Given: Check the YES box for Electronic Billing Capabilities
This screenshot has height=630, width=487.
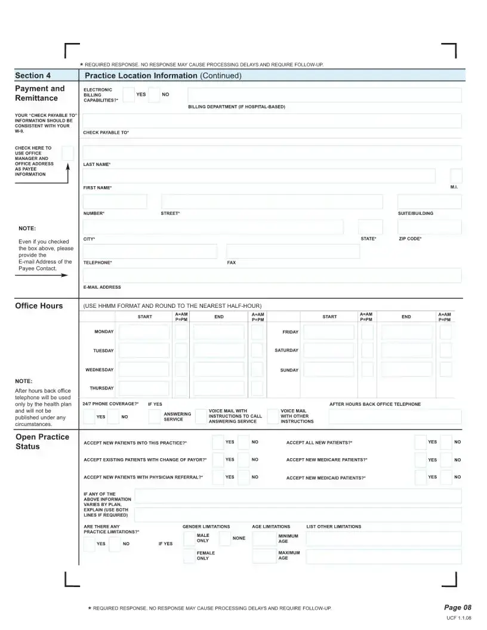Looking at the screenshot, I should [x=128, y=95].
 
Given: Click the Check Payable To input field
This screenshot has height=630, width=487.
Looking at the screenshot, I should [x=272, y=121].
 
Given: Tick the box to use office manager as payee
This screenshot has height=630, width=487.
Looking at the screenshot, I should [x=67, y=153].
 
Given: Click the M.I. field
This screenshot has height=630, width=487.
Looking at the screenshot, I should [x=456, y=176].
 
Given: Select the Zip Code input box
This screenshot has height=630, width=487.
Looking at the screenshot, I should [x=429, y=227].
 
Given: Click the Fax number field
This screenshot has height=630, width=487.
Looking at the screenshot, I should [x=292, y=251].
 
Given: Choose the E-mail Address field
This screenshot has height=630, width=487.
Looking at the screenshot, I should [x=272, y=275].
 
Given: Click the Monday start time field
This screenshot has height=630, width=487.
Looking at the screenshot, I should [x=144, y=332].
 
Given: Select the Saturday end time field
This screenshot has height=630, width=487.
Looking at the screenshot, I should [x=406, y=351].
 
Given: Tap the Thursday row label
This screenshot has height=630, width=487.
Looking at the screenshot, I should [x=101, y=388].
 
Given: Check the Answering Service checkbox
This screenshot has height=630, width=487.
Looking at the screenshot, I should [x=155, y=417].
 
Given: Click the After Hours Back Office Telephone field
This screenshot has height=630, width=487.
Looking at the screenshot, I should [x=394, y=416].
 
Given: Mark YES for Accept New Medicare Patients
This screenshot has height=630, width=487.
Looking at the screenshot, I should [x=420, y=460].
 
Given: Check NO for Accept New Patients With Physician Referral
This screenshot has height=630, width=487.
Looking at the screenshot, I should [x=243, y=477].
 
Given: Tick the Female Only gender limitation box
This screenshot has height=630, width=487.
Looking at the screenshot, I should [x=189, y=556].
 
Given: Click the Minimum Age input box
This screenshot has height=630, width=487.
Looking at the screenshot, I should [x=264, y=539].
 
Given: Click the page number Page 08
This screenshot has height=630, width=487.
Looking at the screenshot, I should [x=458, y=607].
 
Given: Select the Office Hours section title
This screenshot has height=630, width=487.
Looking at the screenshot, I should [x=39, y=306].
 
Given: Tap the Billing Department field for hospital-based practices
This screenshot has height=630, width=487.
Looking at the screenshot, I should [x=324, y=95].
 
